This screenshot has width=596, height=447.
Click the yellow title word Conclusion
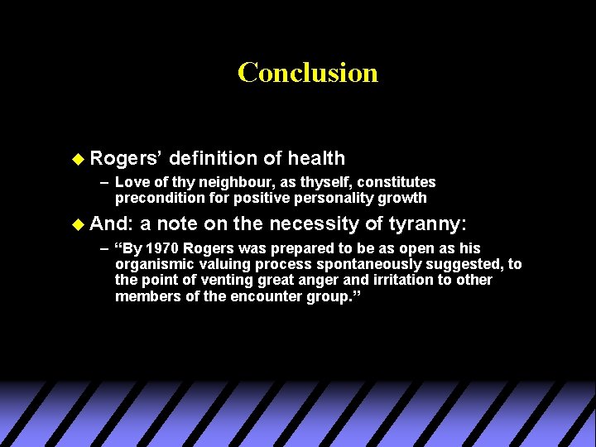point(307,73)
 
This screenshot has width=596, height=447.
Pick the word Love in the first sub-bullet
point(130,182)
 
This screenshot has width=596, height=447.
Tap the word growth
point(406,198)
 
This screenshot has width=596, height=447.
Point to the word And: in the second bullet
point(112,223)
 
